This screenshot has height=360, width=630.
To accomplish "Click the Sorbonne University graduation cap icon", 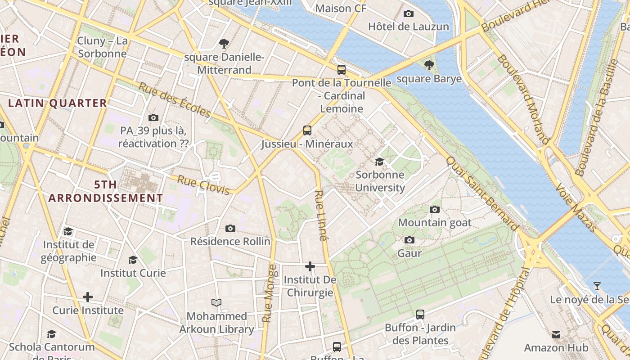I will click(379, 162).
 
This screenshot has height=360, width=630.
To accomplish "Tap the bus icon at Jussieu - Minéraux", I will click(307, 130).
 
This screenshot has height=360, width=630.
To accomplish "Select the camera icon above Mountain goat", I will click(434, 209).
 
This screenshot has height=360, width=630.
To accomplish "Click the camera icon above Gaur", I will click(409, 240).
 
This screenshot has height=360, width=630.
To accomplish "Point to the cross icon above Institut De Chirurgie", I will click(310, 266).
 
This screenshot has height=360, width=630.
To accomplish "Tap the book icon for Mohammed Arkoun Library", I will click(216, 303).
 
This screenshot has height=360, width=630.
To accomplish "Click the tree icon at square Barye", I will click(429, 65).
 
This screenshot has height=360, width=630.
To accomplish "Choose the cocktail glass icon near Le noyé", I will click(597, 286).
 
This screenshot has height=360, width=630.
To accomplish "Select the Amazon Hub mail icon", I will click(556, 334).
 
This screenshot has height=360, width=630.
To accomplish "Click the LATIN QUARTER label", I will click(58, 103).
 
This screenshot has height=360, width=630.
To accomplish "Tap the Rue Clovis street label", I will click(203, 185).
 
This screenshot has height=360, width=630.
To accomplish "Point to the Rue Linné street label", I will click(320, 216).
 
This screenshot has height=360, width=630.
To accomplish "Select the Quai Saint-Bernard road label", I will click(482, 193).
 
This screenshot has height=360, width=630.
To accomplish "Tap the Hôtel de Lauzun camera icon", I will click(409, 13).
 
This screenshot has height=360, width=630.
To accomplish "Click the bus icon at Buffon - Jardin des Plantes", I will click(420, 314).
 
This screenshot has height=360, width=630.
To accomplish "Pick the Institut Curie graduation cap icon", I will click(133, 260).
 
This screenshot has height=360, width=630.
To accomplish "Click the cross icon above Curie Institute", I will click(88, 297).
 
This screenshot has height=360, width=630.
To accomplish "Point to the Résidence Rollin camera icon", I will click(230, 228).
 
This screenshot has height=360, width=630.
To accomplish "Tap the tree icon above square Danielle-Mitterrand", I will click(224, 44).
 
